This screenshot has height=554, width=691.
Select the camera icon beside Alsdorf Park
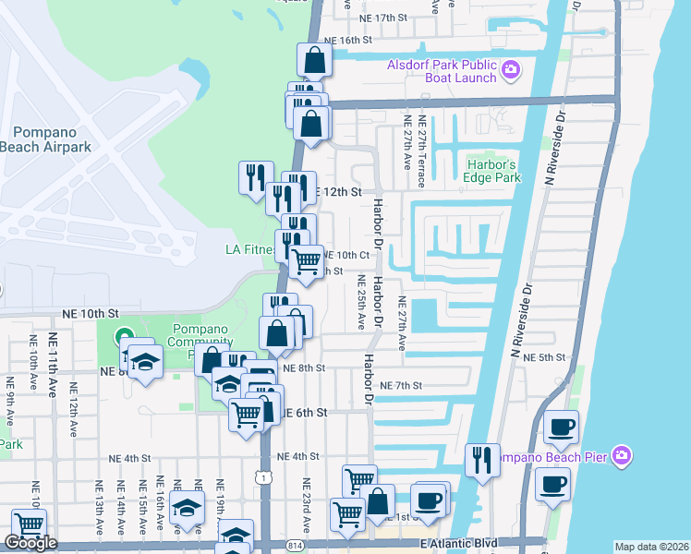pyautogui.click(x=511, y=69)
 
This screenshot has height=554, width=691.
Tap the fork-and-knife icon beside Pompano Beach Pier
pyautogui.click(x=481, y=459)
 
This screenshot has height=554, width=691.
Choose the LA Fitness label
pyautogui.click(x=250, y=249)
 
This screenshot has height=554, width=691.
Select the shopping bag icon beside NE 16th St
pyautogui.click(x=314, y=60)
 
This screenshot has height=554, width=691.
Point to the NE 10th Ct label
pyautogui.click(x=345, y=255)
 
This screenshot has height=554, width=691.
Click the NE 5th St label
pyautogui.click(x=543, y=357)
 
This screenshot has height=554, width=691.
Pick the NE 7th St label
pyautogui.click(x=400, y=385)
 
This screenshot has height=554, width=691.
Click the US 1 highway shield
pyautogui.click(x=265, y=476)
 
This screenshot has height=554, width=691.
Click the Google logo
pyautogui.click(x=30, y=543)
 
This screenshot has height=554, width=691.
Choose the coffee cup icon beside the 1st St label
pyautogui.click(x=428, y=501)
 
